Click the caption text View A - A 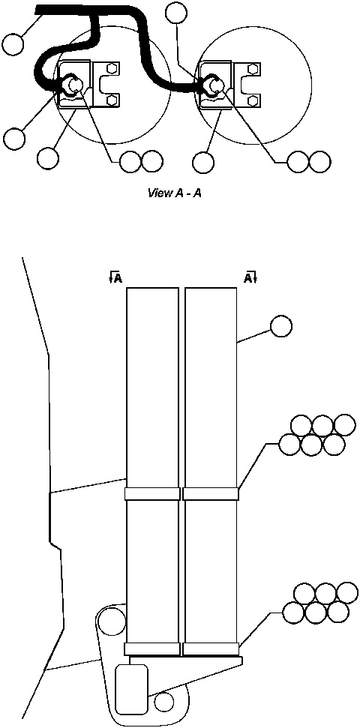[176, 193]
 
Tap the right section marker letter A [248, 278]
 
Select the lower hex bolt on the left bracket [112, 100]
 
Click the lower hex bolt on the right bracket [252, 100]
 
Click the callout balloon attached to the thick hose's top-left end [12, 44]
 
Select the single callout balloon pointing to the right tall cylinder [280, 327]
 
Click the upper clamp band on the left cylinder [152, 494]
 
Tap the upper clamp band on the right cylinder [211, 494]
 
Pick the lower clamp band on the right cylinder [211, 649]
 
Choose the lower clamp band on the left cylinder [152, 649]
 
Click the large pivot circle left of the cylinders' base [111, 621]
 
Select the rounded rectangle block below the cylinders [132, 689]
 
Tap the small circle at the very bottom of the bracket [163, 703]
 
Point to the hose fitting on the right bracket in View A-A [213, 85]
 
